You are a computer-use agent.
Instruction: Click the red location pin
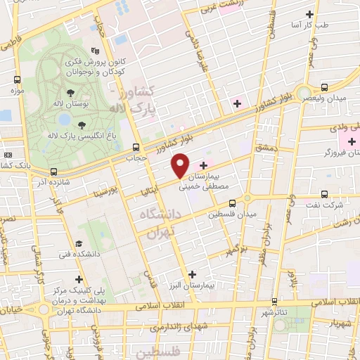pyautogui.click(x=181, y=166)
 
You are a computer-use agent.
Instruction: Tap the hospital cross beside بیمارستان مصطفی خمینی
pyautogui.click(x=203, y=165)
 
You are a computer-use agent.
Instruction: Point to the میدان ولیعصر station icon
pyautogui.click(x=324, y=88)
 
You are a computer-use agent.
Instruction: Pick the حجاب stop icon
pyautogui.click(x=136, y=148)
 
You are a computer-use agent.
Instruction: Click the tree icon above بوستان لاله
pyautogui.click(x=70, y=92)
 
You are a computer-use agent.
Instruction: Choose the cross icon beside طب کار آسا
pyautogui.click(x=309, y=14)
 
